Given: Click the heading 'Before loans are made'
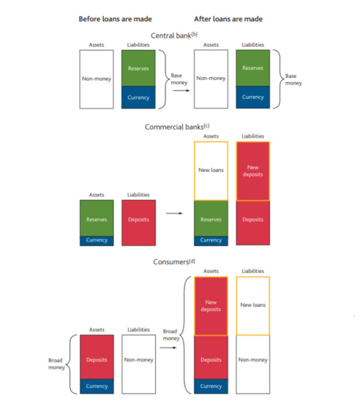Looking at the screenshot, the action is (115, 19).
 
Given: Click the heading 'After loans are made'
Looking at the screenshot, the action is (228, 19).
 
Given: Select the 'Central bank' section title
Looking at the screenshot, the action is (174, 35).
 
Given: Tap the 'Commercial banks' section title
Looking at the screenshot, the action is (177, 127).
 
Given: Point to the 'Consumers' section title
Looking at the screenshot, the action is (174, 262).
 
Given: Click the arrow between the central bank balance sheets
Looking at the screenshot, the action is (181, 90).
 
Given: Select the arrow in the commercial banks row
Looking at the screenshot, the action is (174, 214).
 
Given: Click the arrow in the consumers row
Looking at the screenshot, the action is (168, 347).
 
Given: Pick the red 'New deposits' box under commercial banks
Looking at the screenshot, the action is (253, 171).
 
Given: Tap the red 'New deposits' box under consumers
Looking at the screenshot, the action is (211, 306).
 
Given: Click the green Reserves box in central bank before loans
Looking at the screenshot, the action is (138, 68).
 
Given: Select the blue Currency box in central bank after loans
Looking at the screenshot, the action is (253, 97).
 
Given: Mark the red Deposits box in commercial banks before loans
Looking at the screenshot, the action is (138, 223).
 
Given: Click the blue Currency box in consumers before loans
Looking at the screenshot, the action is (97, 386).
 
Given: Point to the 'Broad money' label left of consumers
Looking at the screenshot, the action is (56, 364).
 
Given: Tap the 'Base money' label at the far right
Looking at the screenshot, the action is (293, 79).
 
